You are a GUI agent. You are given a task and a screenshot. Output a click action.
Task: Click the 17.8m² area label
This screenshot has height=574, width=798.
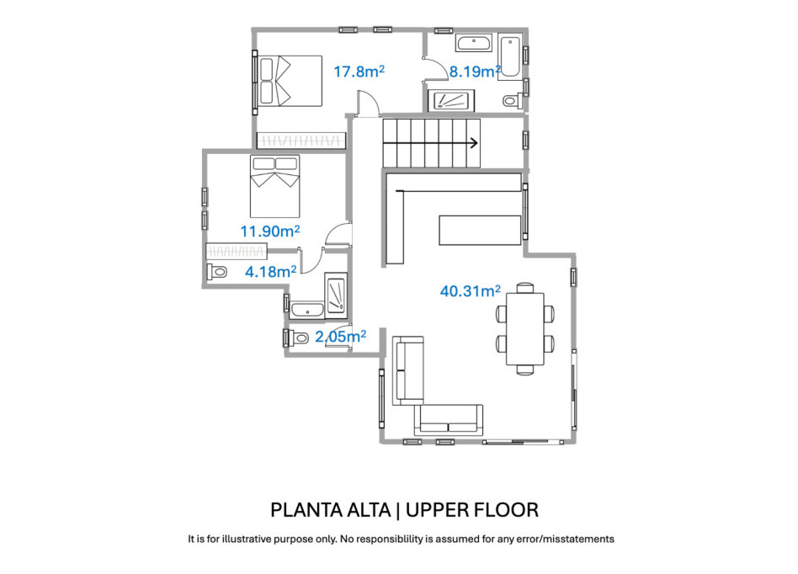[x=359, y=72]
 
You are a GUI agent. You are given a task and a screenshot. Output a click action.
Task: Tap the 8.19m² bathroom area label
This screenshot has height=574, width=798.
[x=475, y=72]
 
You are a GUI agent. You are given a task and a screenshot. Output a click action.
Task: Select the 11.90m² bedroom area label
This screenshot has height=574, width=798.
[x=270, y=231]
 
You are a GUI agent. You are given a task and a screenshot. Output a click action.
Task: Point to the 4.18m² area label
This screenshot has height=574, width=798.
[x=270, y=271]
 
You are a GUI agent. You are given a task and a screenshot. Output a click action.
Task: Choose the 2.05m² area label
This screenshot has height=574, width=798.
[x=340, y=337]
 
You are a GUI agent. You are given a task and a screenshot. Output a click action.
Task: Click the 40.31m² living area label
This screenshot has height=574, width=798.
[x=470, y=291]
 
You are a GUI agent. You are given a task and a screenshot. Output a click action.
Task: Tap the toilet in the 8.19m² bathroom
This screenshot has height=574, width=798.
[x=510, y=102]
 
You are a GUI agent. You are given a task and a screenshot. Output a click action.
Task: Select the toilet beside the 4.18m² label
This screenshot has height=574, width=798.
[x=217, y=272]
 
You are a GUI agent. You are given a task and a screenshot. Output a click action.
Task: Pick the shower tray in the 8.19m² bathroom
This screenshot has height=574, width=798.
[x=453, y=100]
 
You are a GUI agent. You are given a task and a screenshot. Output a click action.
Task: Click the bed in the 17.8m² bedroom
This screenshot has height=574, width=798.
[x=290, y=81]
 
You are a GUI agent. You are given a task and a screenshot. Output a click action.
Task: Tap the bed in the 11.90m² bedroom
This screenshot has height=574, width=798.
[x=276, y=184]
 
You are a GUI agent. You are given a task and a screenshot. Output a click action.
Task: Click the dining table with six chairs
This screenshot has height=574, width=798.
[x=525, y=328]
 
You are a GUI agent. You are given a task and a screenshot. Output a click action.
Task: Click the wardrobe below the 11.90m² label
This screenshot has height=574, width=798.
[x=237, y=251]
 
